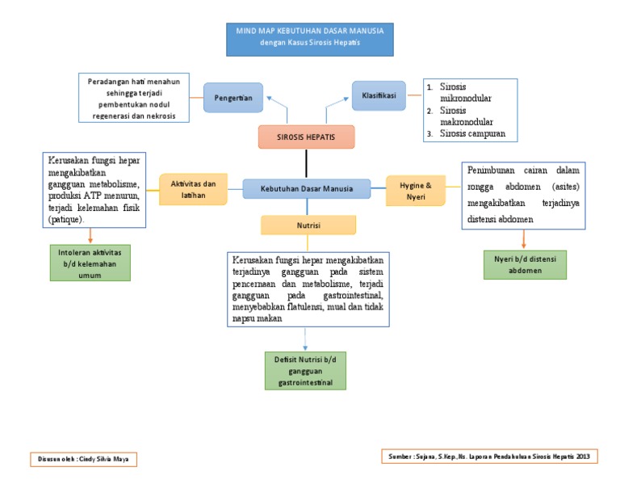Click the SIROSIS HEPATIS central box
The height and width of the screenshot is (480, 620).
(x=306, y=137)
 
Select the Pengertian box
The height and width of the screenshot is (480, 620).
(x=233, y=98)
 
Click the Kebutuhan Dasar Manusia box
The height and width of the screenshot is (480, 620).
(x=307, y=189)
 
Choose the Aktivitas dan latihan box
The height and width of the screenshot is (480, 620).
(x=193, y=189)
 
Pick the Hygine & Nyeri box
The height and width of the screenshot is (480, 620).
(x=416, y=190)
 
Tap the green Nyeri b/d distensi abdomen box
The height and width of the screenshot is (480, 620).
(x=525, y=264)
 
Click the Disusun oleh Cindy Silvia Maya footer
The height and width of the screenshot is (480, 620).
(x=83, y=459)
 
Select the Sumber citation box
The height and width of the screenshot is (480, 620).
(x=489, y=457)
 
